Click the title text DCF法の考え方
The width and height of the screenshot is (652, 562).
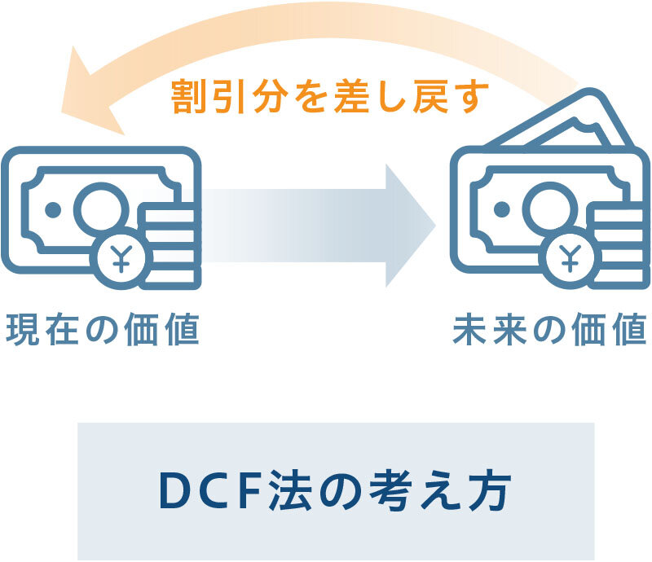[335, 490]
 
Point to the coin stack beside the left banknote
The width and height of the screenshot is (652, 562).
[174, 244]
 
